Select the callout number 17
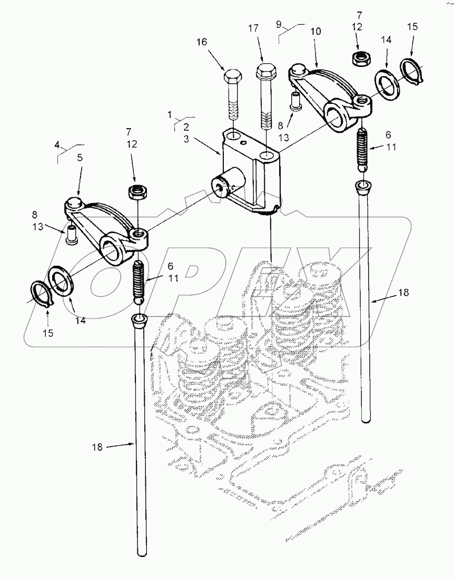point(253,28)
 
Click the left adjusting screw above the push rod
point(139,281)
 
